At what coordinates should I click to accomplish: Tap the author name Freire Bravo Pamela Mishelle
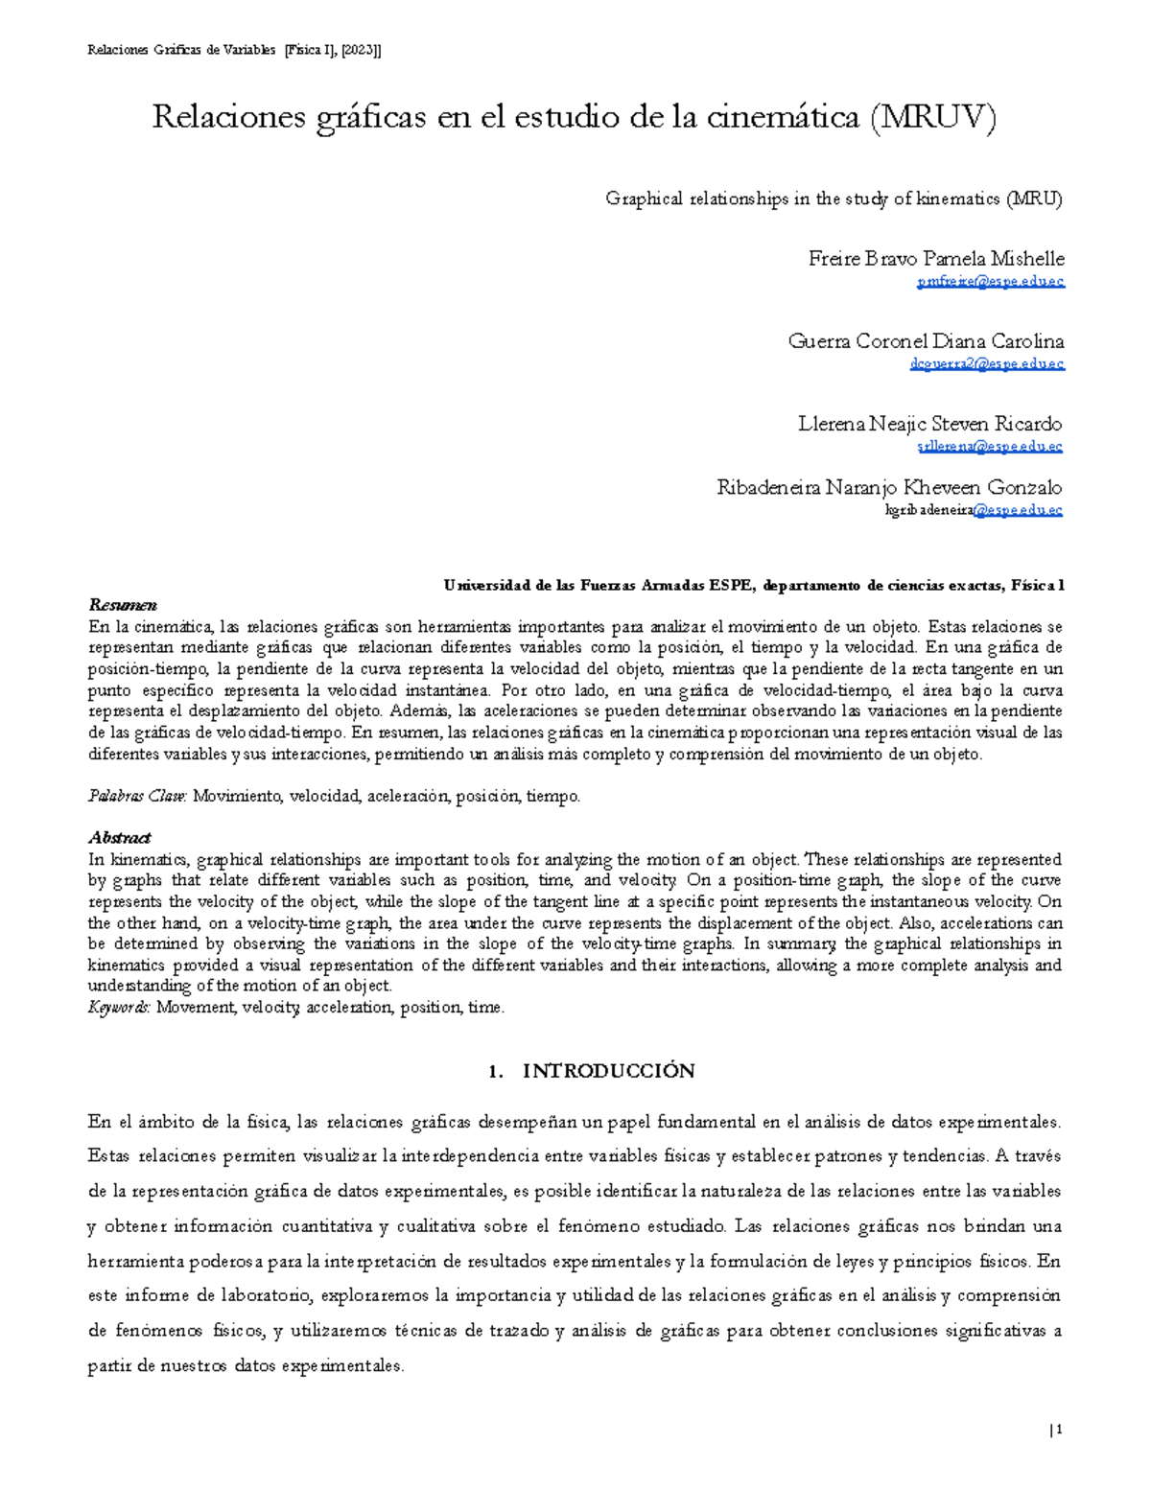pos(936,259)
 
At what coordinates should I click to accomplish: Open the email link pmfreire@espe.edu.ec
pos(990,282)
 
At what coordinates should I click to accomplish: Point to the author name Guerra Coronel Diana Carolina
pos(926,341)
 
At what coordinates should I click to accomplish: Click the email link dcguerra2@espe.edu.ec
pos(986,364)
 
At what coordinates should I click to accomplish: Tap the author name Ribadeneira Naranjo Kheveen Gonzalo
pos(889,487)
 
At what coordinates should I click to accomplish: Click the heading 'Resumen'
pos(122,605)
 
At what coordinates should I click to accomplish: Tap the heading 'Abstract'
pos(119,838)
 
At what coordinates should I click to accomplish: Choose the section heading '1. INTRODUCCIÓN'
pos(591,1071)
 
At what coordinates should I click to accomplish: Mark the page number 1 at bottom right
pos(1059,1431)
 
